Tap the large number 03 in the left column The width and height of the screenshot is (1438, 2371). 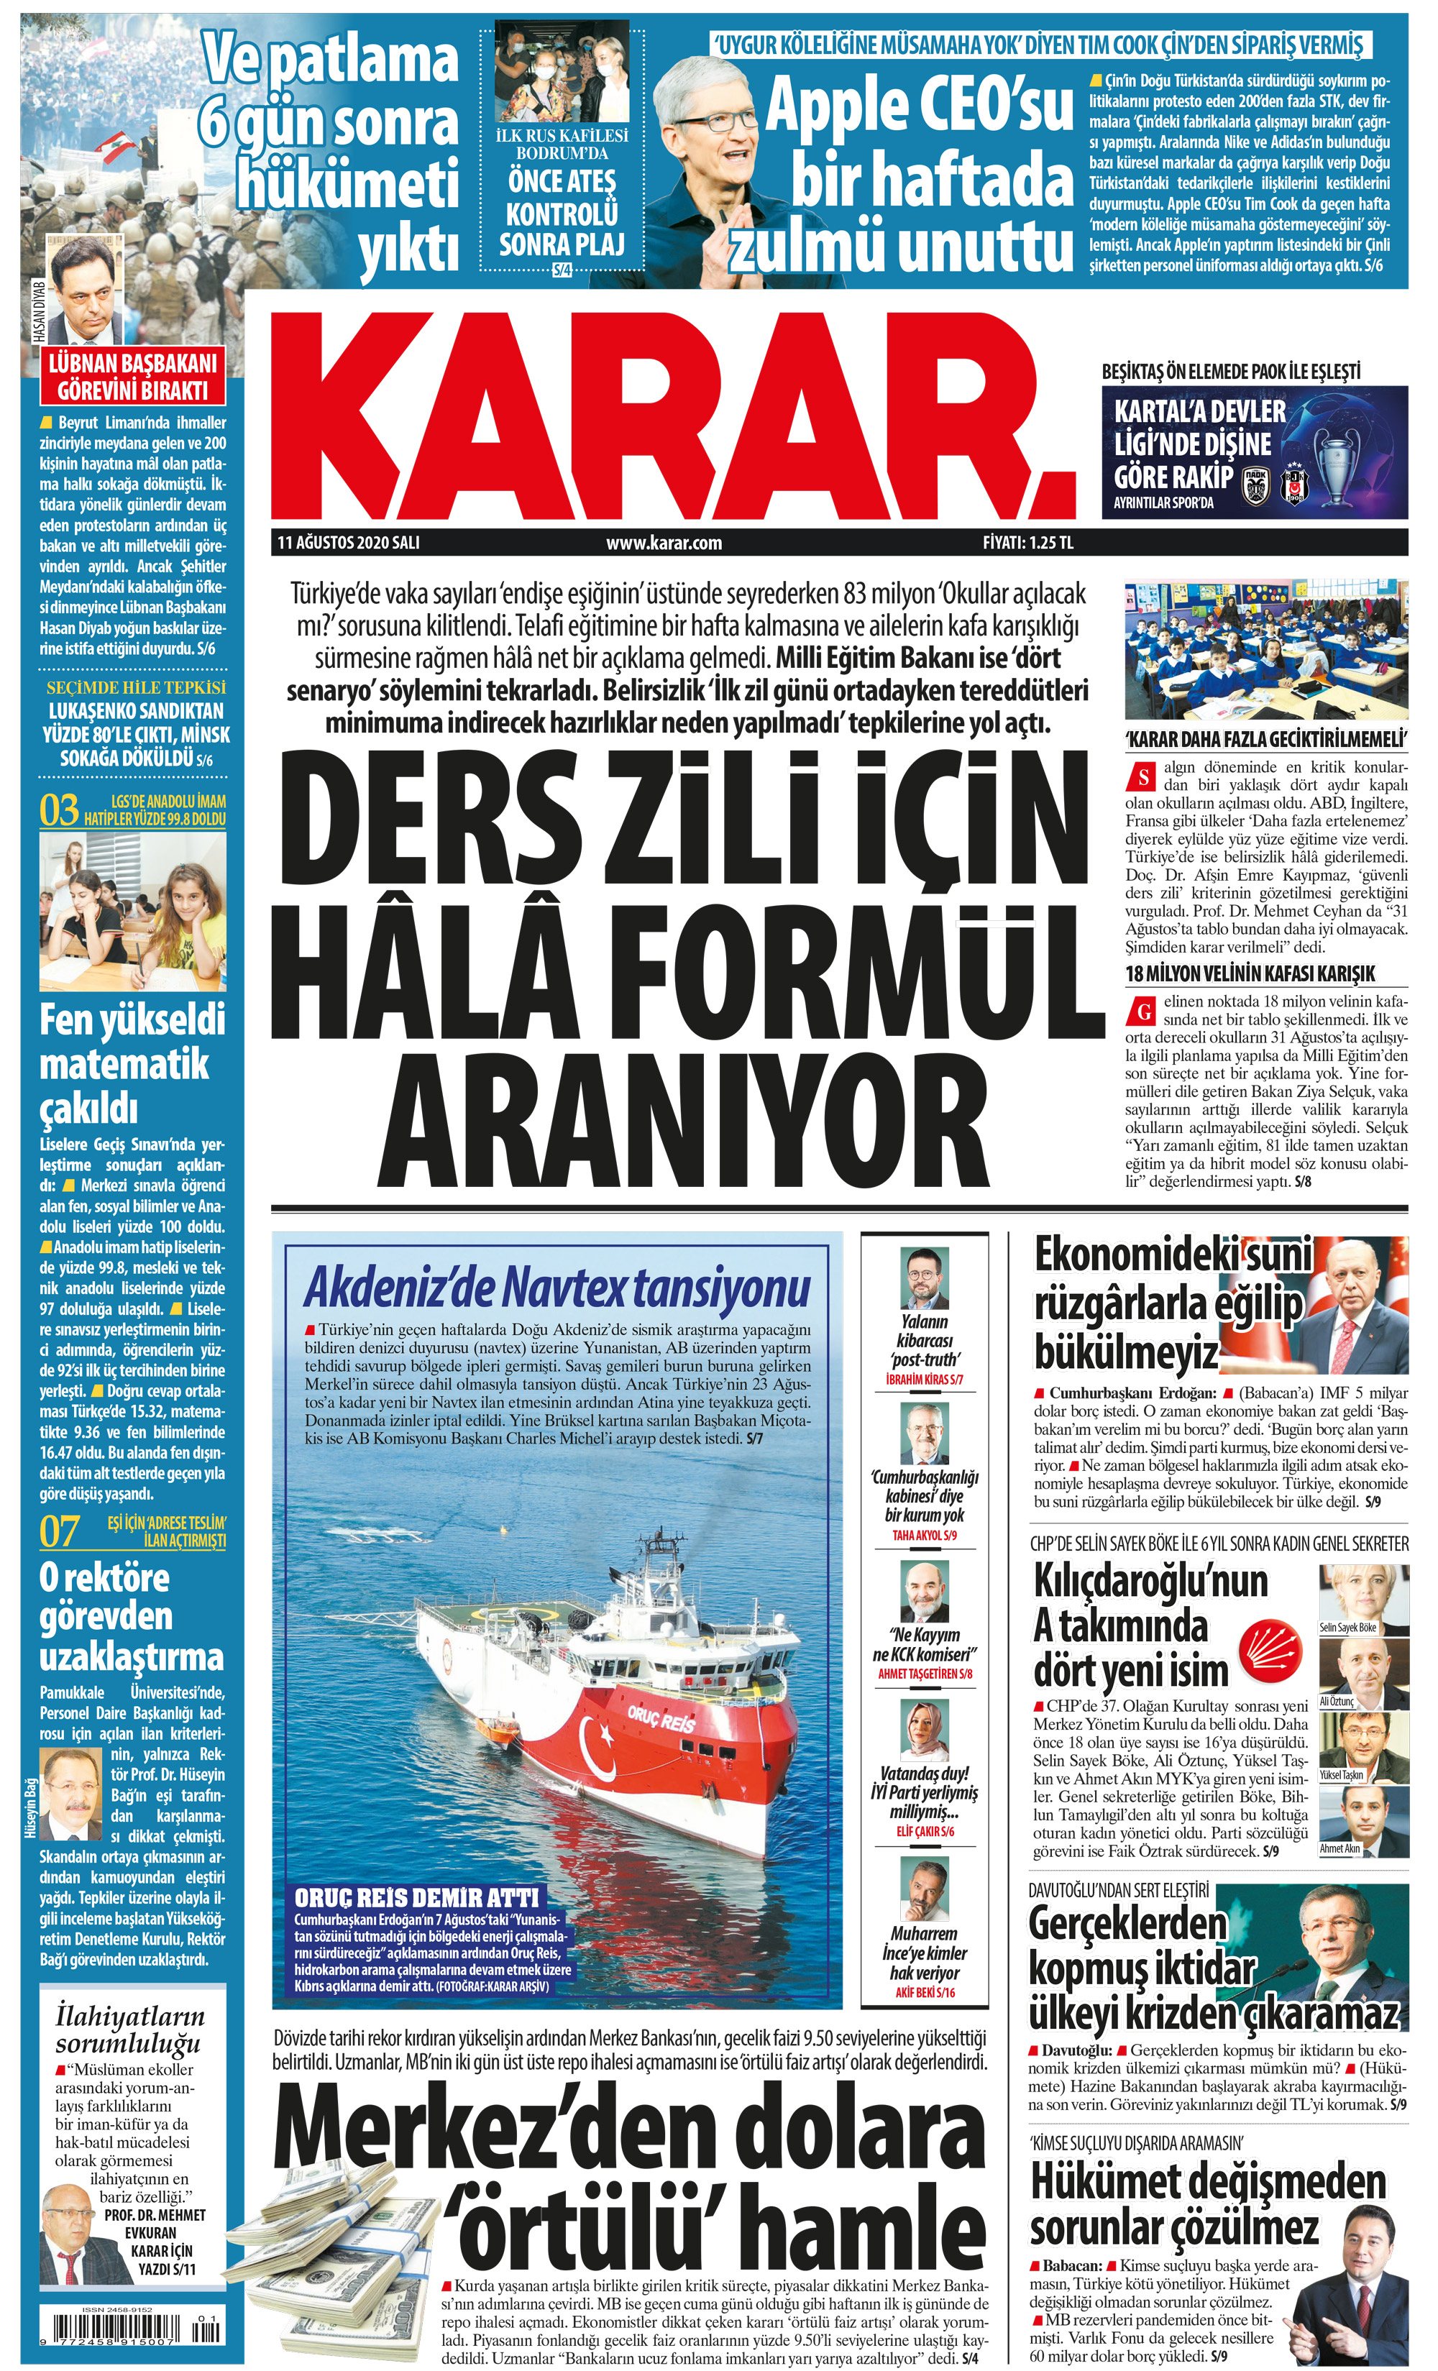pyautogui.click(x=59, y=810)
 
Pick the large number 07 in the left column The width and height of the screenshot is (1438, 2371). pyautogui.click(x=59, y=1532)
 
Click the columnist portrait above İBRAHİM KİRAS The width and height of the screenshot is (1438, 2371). pyautogui.click(x=924, y=1278)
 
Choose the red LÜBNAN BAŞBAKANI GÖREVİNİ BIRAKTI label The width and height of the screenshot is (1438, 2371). pyautogui.click(x=133, y=376)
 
